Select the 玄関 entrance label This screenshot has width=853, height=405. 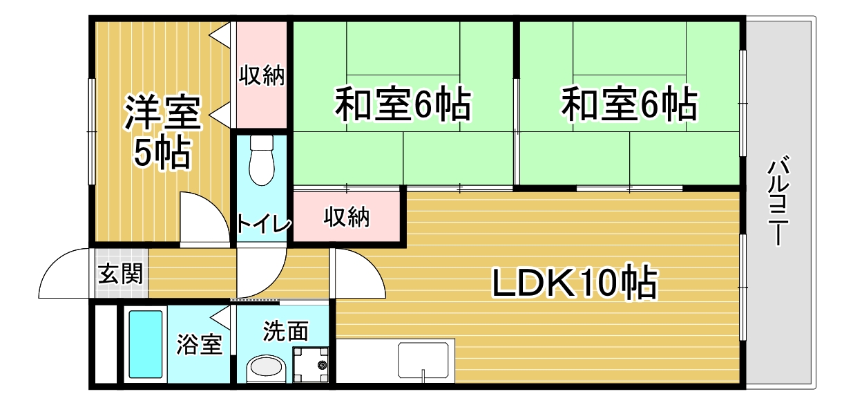(120, 274)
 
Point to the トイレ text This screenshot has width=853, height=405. (263, 223)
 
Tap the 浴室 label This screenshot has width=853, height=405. (199, 344)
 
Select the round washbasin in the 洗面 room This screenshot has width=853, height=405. (266, 368)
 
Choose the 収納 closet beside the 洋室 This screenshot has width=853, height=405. (262, 75)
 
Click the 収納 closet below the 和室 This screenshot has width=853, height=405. (347, 217)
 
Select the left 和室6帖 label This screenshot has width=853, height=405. (403, 104)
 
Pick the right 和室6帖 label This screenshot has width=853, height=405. (629, 104)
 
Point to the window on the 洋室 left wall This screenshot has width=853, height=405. (91, 131)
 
